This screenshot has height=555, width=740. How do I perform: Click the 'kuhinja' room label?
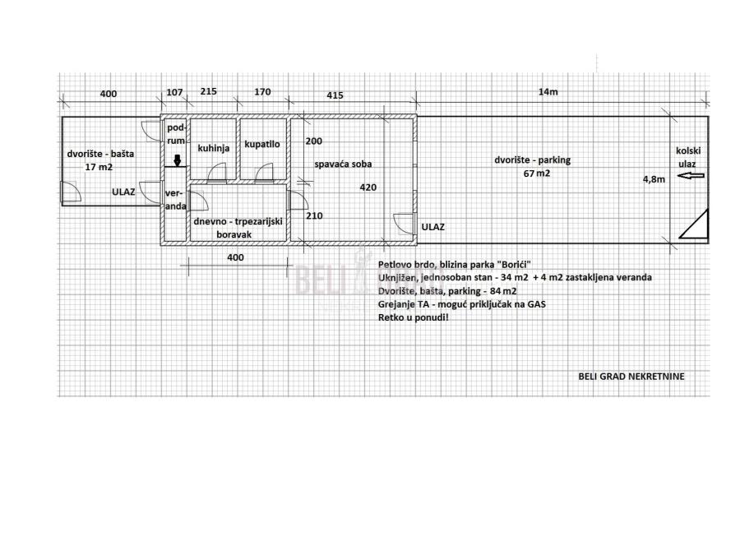coord(213,148)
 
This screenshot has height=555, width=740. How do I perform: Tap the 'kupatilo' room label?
coord(262,145)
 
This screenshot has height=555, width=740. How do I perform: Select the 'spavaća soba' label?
coord(343,164)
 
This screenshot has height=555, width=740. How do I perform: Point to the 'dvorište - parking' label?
coord(532,160)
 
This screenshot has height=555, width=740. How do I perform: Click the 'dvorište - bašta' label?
coord(100,154)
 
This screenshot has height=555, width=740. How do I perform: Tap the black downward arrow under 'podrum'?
coord(178,160)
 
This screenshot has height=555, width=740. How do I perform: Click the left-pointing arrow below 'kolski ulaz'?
coord(691,176)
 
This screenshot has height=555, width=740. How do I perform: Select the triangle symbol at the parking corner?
coord(694,224)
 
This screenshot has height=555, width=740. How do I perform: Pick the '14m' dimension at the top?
coord(548,92)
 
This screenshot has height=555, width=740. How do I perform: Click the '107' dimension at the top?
coord(174,92)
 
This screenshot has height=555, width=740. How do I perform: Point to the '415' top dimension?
coord(335,95)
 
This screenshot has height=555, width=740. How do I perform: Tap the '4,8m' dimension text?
coord(654,179)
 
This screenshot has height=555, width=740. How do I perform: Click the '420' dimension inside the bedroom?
coord(368,187)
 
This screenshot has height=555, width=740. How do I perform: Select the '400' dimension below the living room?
coord(235,257)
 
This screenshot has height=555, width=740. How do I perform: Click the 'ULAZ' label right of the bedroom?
coord(432,227)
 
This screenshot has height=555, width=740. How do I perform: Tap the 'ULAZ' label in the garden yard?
coord(123,192)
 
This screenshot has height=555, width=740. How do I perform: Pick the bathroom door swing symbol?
coord(264,173)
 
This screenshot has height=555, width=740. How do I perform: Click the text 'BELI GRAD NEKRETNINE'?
coord(631,376)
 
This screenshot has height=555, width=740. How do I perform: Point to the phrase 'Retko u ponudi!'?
coord(414,317)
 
